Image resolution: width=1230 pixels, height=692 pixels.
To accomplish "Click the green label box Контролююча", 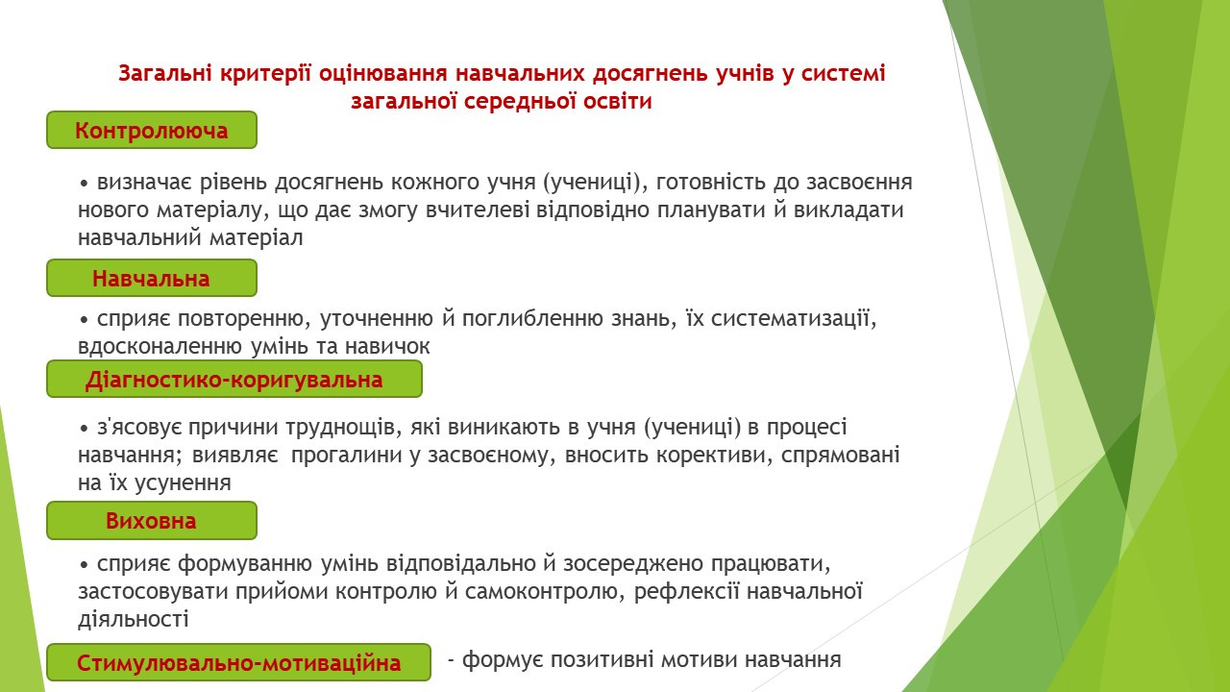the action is click(x=152, y=130).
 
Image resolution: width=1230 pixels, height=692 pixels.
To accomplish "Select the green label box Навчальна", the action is click(x=152, y=278).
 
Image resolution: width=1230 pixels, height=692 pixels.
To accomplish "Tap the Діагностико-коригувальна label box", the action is click(x=234, y=379).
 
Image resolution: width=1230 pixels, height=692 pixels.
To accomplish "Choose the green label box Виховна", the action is click(x=152, y=520).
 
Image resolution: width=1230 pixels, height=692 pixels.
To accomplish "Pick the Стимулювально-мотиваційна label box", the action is click(x=239, y=662).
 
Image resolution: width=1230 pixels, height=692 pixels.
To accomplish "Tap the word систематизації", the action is click(x=794, y=319).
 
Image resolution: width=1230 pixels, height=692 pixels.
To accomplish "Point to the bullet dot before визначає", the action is click(x=84, y=184).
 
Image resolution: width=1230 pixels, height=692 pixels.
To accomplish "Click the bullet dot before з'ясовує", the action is click(x=84, y=429).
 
